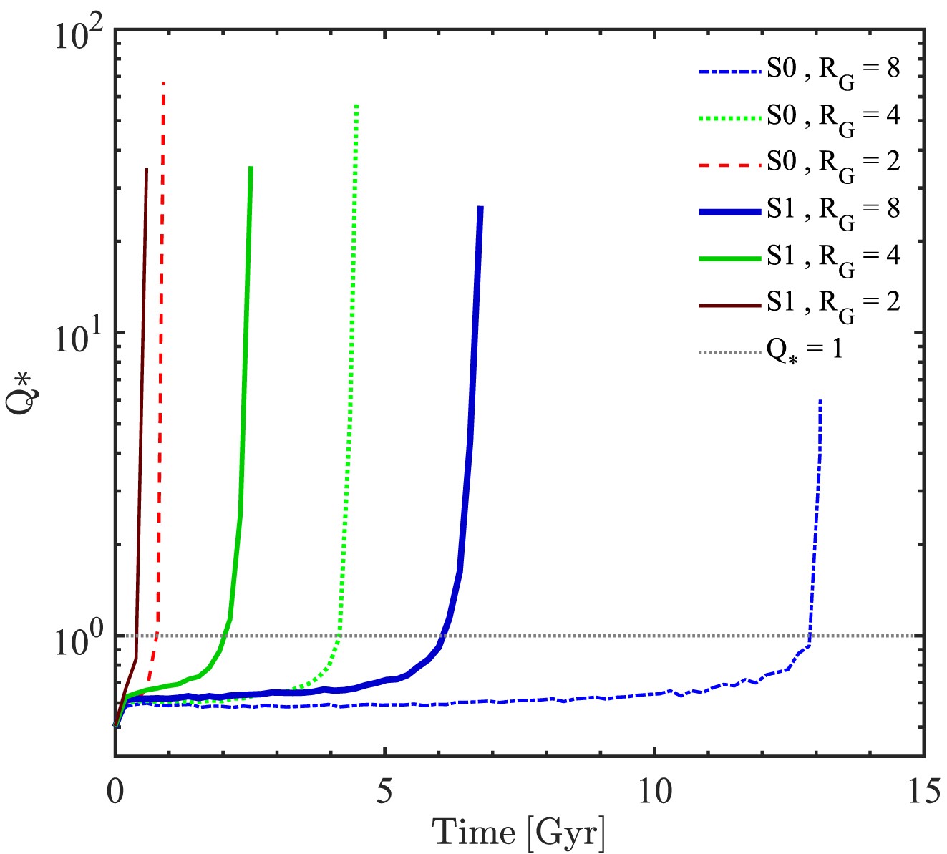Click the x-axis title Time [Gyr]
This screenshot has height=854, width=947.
pos(518,833)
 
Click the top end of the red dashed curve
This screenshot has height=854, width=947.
pos(164,83)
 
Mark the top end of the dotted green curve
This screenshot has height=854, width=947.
pos(356,105)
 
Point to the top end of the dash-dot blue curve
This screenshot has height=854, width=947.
pos(820,401)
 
